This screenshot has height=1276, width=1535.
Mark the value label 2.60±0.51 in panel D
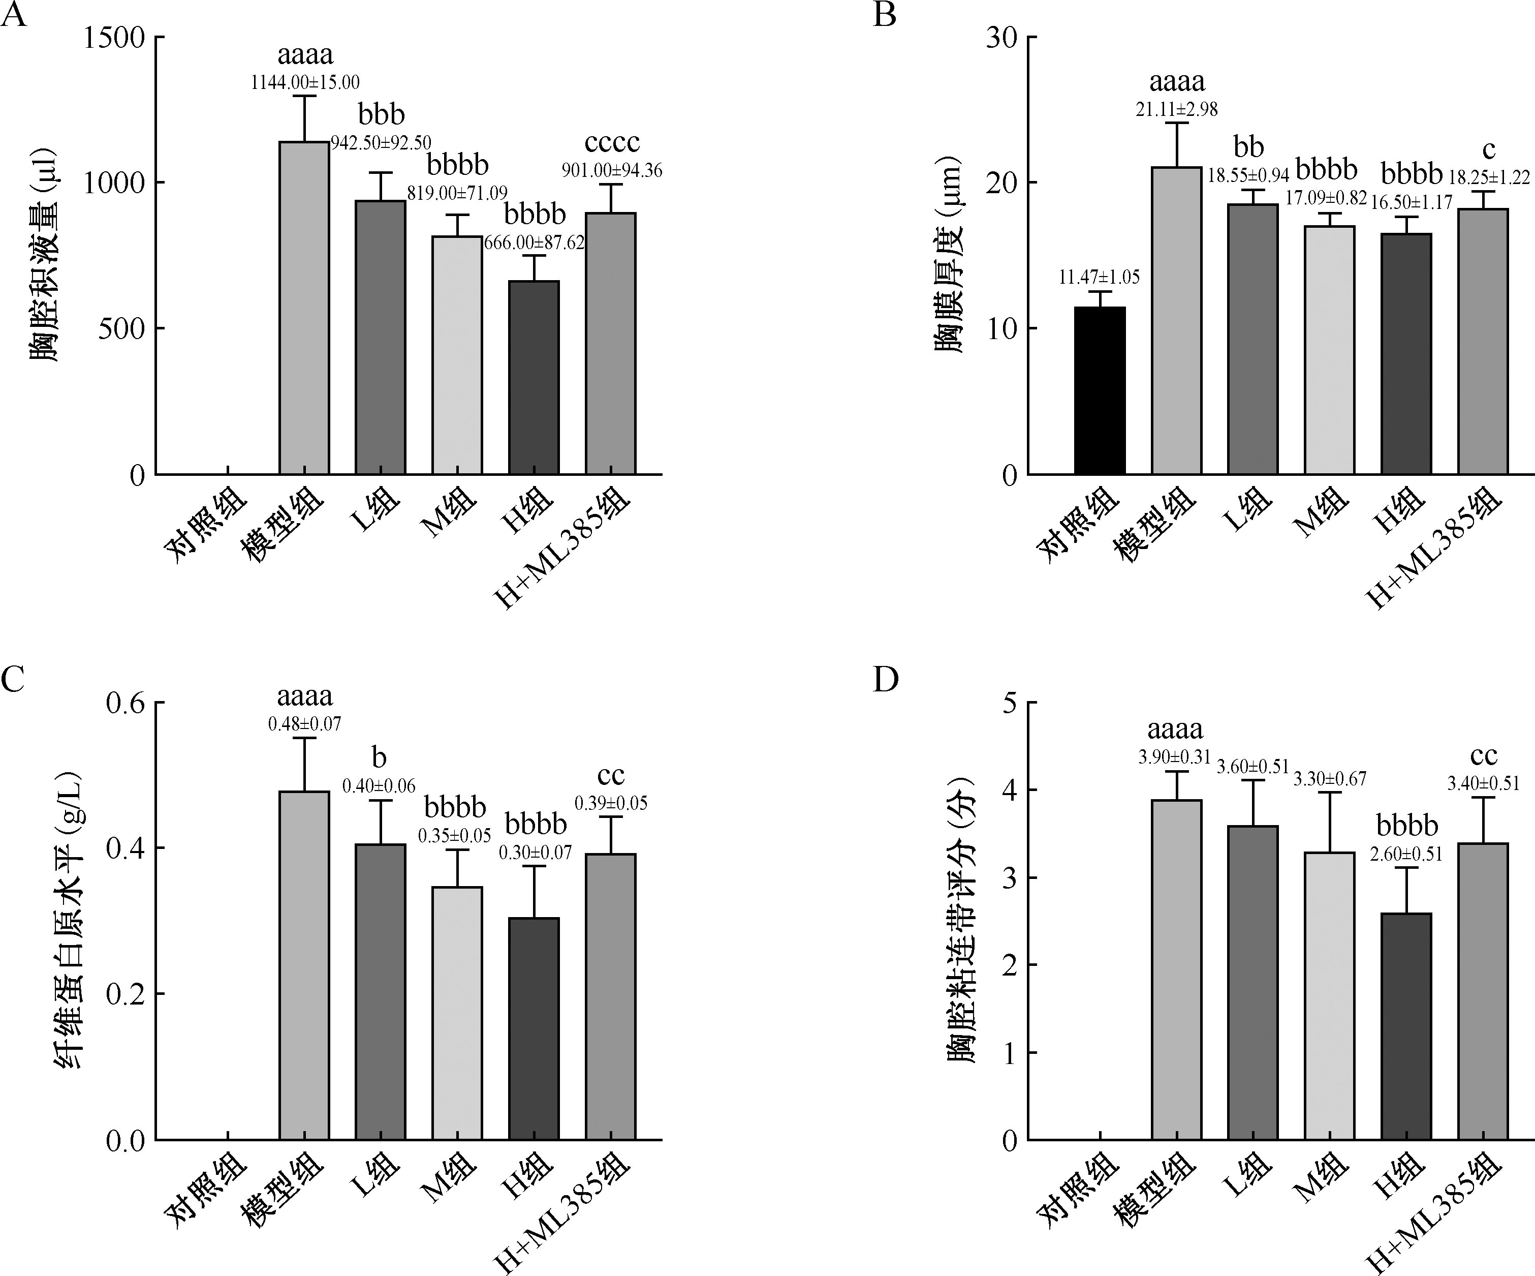pyautogui.click(x=1406, y=854)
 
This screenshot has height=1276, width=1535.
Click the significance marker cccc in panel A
pyautogui.click(x=612, y=142)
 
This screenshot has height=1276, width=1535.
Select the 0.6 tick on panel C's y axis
pyautogui.click(x=126, y=704)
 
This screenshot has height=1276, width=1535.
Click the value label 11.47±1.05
pyautogui.click(x=1100, y=277)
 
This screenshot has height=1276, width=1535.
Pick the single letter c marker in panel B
pyautogui.click(x=1488, y=150)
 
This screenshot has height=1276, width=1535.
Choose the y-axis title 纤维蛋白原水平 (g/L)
pyautogui.click(x=70, y=921)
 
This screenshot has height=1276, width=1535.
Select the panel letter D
pyautogui.click(x=886, y=679)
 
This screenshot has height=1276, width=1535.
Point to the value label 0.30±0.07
pyautogui.click(x=535, y=852)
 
